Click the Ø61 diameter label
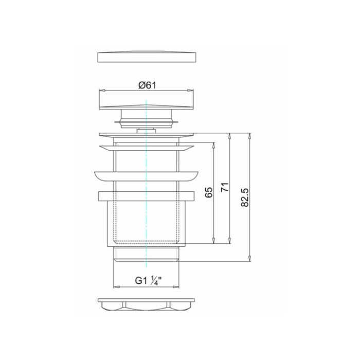click(x=147, y=85)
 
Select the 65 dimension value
click(x=209, y=192)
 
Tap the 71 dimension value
click(x=225, y=187)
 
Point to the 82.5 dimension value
click(x=245, y=197)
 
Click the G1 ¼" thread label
click(x=148, y=281)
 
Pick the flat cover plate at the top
click(x=147, y=57)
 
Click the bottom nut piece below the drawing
click(x=146, y=304)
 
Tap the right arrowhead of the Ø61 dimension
click(x=191, y=90)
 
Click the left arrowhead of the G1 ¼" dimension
click(x=117, y=287)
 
